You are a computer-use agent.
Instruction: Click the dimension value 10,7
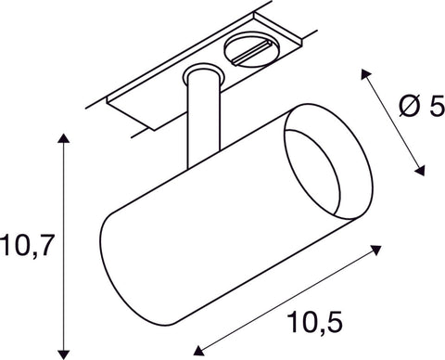tap(32, 246)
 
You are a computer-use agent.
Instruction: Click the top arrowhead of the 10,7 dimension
tap(63, 140)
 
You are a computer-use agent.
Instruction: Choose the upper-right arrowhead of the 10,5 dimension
tap(379, 248)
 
